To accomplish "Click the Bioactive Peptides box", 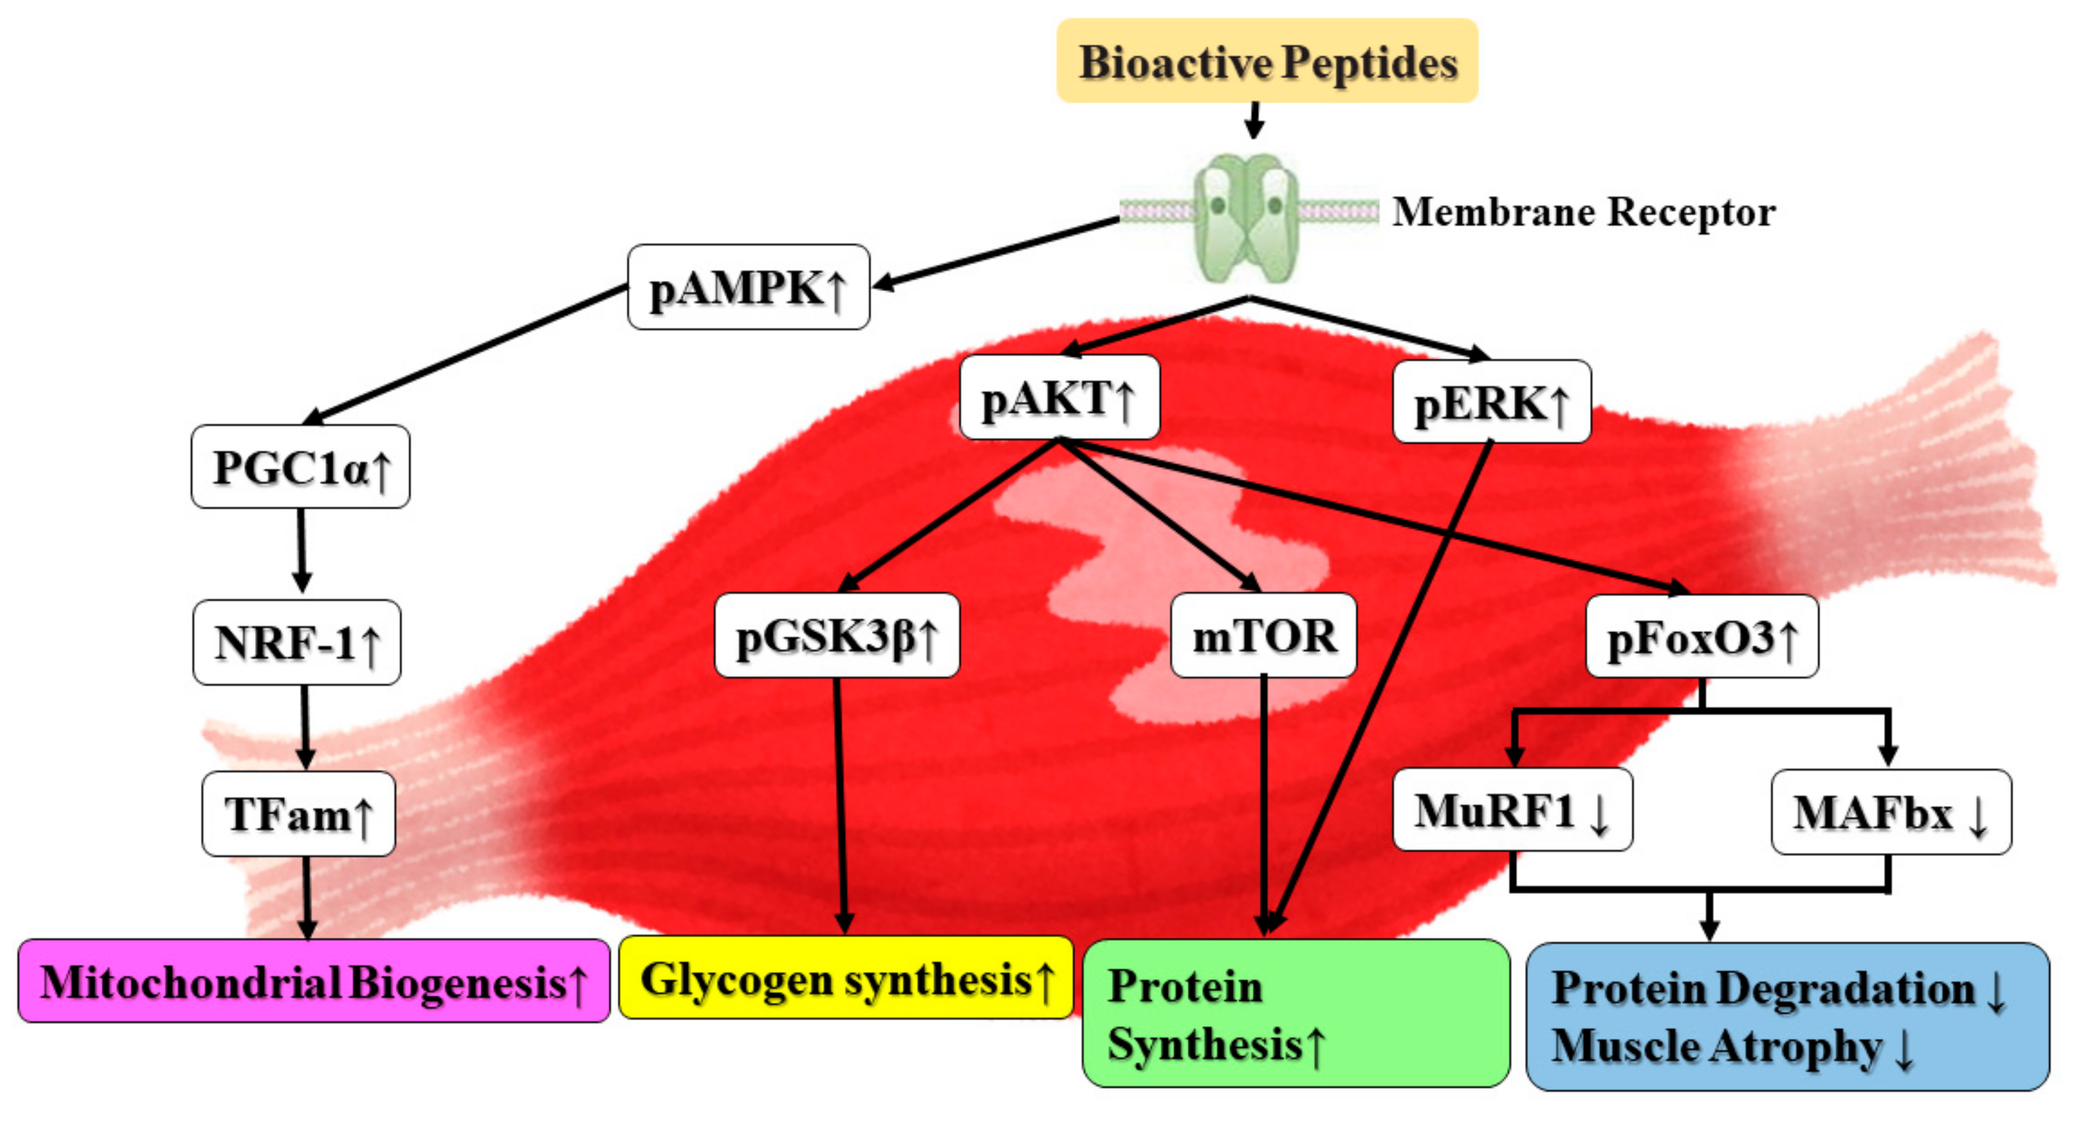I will click(1267, 61).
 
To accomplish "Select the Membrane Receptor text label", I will click(1583, 212).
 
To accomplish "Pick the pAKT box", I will click(1059, 398).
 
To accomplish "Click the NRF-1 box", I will click(297, 643).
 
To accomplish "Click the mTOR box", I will click(1263, 636).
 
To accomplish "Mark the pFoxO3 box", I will click(1701, 637).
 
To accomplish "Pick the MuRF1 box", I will click(1512, 810).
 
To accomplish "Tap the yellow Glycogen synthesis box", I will click(846, 978).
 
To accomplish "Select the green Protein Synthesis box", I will click(1295, 1013).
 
